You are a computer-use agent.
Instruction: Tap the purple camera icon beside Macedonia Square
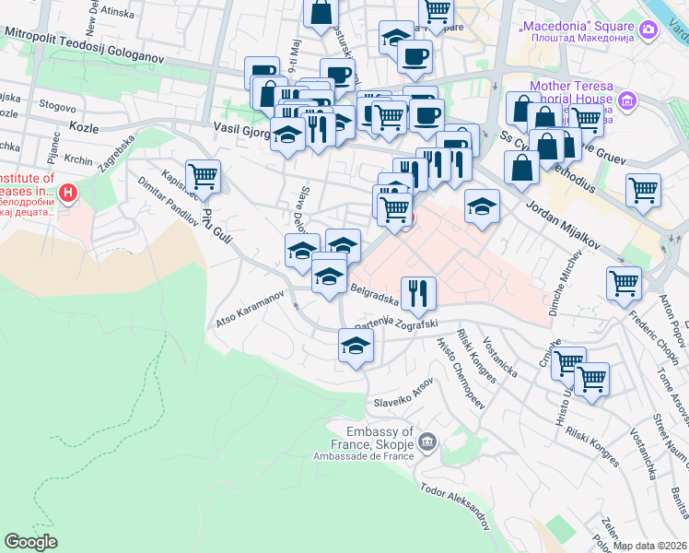click(x=649, y=30)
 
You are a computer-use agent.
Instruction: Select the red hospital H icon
click(x=67, y=194)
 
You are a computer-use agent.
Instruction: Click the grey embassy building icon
click(x=426, y=442)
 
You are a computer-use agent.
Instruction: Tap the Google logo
click(x=30, y=542)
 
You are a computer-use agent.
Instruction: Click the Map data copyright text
click(x=650, y=546)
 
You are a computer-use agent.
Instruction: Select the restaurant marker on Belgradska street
click(x=418, y=293)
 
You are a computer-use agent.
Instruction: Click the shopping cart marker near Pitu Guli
click(x=203, y=176)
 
